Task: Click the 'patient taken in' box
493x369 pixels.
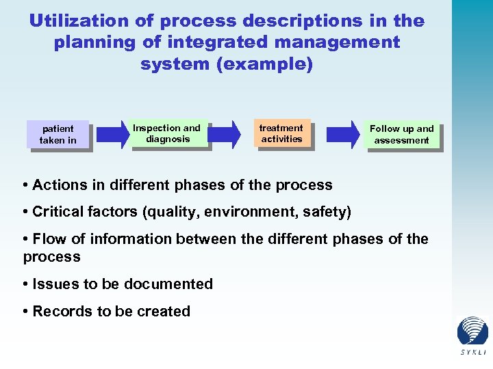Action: pos(58,135)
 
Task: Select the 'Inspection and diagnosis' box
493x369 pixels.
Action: pos(166,133)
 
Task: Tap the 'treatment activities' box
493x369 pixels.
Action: pos(281,133)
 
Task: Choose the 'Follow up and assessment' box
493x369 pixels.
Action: pos(402,134)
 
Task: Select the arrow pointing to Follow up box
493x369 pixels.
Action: pos(343,133)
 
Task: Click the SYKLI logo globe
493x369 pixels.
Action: pos(472,331)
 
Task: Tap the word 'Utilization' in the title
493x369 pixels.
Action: pos(73,20)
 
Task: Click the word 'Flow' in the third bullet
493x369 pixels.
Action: pos(49,239)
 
